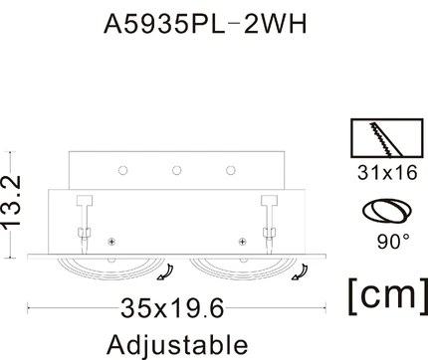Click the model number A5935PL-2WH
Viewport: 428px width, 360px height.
[x=205, y=24]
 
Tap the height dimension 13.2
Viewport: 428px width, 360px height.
[x=12, y=202]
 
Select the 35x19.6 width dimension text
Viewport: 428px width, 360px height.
[x=172, y=308]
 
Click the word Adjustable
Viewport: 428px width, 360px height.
[x=177, y=345]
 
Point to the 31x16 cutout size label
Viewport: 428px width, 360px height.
[x=387, y=173]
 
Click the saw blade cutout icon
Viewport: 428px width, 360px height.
[x=387, y=137]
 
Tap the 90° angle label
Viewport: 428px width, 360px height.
[x=393, y=241]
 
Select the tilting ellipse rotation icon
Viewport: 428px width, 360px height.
[x=387, y=211]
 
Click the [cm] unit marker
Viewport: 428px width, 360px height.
[x=388, y=295]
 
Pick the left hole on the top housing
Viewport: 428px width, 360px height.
[x=122, y=170]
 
